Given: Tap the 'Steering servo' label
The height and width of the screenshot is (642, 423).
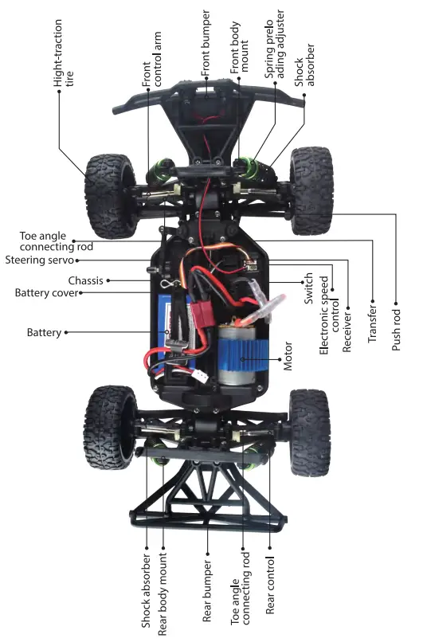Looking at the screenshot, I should (x=38, y=260).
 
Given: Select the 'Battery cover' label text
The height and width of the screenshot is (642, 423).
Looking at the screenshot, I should (x=46, y=293).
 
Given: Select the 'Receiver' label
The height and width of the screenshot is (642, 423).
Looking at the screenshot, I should (x=347, y=327).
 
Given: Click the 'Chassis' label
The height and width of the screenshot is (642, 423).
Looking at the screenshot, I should (x=85, y=280).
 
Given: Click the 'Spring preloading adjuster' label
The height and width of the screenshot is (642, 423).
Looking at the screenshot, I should (x=275, y=52).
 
